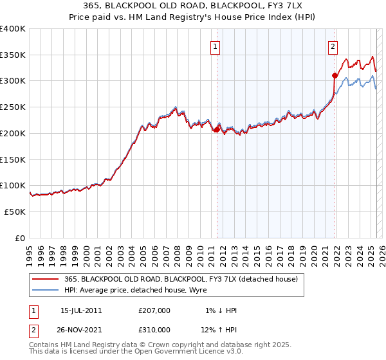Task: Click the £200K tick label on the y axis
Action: coord(13,133)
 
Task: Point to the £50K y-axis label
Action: coord(15,212)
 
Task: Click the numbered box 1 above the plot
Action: coord(214,46)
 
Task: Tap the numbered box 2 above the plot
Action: coord(333,46)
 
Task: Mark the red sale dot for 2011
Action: coord(217,129)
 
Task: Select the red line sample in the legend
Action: coord(46,279)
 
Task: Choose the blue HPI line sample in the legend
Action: coord(46,291)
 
